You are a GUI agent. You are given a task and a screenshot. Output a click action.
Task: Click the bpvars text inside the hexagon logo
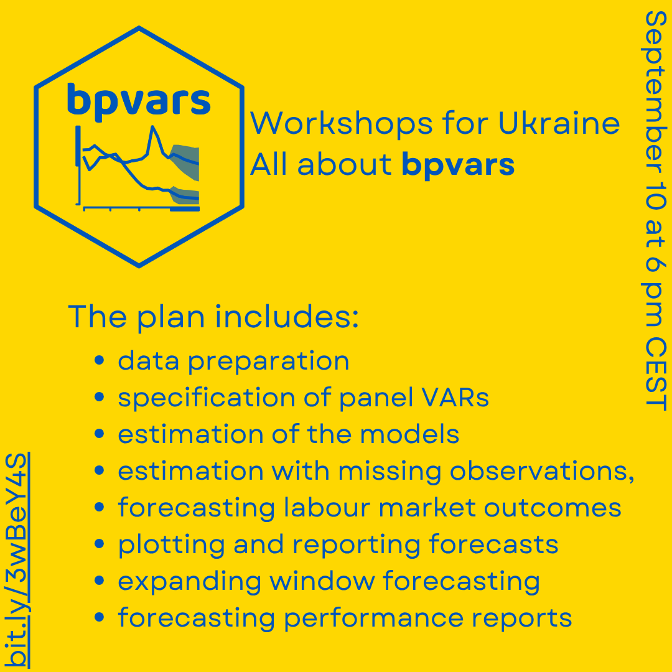[x=139, y=100]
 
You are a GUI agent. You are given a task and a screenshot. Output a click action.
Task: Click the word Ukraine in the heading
[x=559, y=123]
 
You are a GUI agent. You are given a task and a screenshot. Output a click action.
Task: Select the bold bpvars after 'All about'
[x=458, y=166]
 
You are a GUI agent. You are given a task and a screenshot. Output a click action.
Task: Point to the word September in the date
[x=656, y=92]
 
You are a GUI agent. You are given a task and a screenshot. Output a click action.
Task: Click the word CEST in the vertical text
[x=656, y=374]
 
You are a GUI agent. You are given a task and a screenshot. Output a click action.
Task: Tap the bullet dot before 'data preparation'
[x=99, y=360]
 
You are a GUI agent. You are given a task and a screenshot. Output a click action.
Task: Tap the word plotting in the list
[x=171, y=545]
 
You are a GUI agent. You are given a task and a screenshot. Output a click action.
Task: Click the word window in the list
[x=322, y=581]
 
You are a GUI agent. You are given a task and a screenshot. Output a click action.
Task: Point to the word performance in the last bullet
[x=374, y=618]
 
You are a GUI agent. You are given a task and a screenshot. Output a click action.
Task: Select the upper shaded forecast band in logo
[x=185, y=161]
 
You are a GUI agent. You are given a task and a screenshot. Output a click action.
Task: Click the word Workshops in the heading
[x=342, y=123]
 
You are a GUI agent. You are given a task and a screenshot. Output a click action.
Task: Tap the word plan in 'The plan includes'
[x=171, y=318]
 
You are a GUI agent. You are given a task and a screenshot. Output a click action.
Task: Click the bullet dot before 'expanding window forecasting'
[x=99, y=581]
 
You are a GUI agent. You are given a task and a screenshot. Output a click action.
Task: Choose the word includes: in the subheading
[x=287, y=317]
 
